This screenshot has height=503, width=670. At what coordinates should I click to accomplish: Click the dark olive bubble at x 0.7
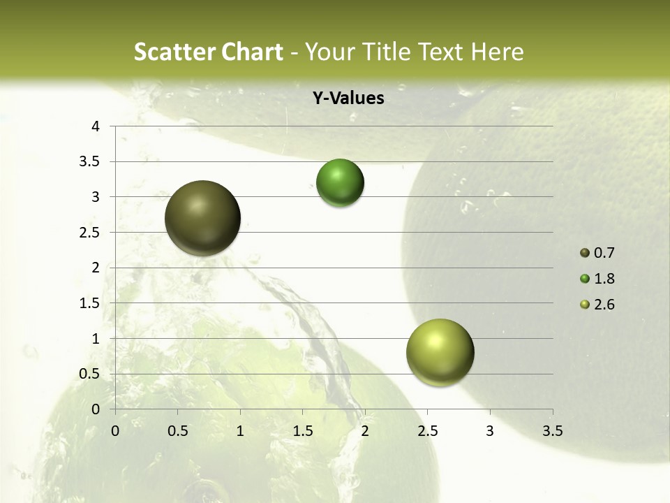tap(202, 218)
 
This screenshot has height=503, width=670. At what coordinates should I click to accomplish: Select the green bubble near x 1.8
tap(340, 183)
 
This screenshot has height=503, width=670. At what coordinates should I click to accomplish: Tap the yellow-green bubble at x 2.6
tap(440, 352)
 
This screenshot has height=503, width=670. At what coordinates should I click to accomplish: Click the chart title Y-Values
tap(348, 99)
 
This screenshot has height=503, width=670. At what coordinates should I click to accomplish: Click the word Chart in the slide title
tap(253, 52)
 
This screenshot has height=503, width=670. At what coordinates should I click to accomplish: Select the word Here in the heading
tap(498, 52)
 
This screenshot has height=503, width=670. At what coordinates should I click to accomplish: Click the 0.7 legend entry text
tap(604, 253)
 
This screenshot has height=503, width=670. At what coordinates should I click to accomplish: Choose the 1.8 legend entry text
tap(604, 279)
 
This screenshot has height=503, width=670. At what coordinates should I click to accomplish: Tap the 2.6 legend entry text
tap(604, 305)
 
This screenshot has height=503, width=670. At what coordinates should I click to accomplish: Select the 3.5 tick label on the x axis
tap(552, 431)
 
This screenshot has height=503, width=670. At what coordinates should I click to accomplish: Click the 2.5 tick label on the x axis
tap(427, 431)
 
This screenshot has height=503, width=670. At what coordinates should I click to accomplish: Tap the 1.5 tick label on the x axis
tap(302, 431)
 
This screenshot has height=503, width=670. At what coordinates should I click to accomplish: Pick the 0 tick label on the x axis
tap(115, 431)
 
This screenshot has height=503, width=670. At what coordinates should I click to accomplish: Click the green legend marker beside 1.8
tap(585, 279)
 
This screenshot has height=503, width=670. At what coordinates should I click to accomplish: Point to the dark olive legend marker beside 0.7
tap(585, 253)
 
